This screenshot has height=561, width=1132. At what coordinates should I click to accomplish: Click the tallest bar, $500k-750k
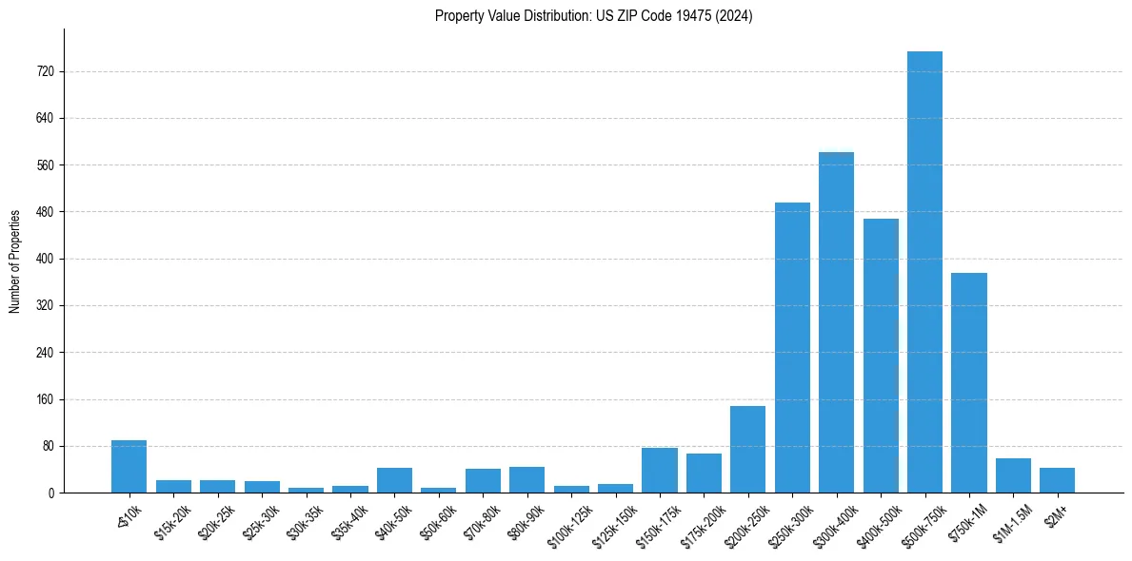tap(924, 272)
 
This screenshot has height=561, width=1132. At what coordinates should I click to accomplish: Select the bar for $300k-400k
tap(836, 322)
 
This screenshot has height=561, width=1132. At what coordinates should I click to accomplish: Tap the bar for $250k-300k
tap(792, 347)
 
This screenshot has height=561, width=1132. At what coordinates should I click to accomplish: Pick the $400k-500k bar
tap(881, 356)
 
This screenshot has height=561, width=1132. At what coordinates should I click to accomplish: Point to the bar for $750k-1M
tap(968, 382)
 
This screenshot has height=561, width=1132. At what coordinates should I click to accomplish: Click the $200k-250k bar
tap(747, 449)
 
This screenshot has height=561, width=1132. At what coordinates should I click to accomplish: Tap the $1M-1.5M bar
tap(1013, 475)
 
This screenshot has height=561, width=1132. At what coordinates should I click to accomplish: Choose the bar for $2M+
tap(1057, 480)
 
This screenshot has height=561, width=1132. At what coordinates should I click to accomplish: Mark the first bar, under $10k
tap(129, 466)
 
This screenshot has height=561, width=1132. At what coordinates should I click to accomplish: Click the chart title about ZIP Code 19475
tap(593, 16)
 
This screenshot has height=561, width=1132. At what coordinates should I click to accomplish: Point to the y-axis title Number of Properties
tap(15, 261)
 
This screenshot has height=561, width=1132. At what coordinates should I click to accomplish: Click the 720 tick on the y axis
tap(45, 71)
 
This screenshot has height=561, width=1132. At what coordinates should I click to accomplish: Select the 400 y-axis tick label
tap(45, 259)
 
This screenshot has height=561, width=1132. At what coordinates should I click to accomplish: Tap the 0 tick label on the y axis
tap(51, 493)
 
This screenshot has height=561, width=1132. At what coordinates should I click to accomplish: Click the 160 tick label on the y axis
tap(45, 399)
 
